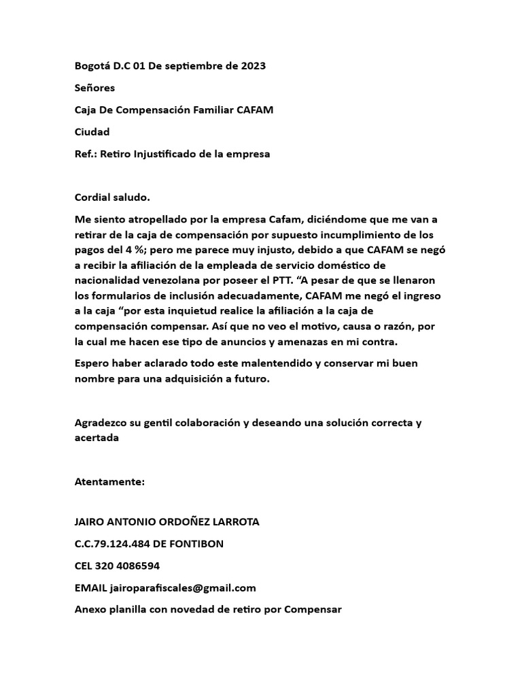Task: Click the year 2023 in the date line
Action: pyautogui.click(x=251, y=66)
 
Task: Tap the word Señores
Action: pyautogui.click(x=94, y=88)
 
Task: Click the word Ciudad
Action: pyautogui.click(x=92, y=131)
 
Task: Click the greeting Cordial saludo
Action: pyautogui.click(x=111, y=197)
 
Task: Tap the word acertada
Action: pyautogui.click(x=97, y=438)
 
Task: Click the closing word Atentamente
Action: pyautogui.click(x=109, y=482)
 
